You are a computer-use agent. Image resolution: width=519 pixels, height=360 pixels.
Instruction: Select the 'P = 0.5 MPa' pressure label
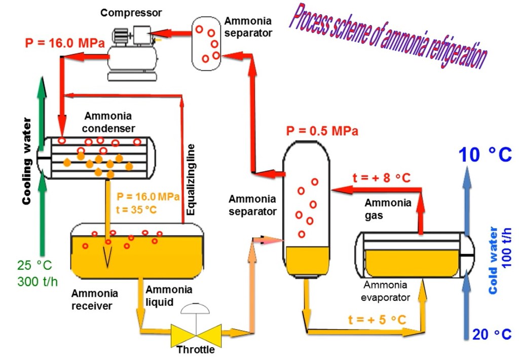(x=322, y=131)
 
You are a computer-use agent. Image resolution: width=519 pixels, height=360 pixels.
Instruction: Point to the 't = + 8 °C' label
(x=381, y=178)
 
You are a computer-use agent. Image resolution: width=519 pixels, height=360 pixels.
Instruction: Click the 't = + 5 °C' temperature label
(x=377, y=320)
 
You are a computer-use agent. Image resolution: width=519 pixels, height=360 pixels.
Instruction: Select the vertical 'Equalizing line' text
(x=191, y=181)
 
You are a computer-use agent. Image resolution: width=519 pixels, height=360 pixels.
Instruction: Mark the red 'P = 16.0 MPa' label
(x=64, y=43)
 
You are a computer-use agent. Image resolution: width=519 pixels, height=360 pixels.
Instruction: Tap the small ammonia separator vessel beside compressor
(x=206, y=40)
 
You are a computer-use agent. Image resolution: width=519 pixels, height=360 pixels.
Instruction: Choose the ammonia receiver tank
(x=137, y=250)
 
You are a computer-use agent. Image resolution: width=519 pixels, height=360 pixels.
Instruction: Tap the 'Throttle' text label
(x=196, y=350)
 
